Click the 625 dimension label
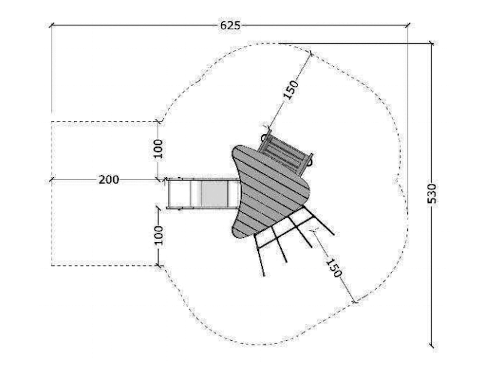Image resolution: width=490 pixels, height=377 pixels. (230, 25)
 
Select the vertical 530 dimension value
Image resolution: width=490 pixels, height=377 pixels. (432, 193)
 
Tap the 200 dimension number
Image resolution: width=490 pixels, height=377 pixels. (109, 180)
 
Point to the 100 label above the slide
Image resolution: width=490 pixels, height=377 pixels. (159, 148)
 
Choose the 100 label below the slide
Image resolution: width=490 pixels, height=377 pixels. (159, 235)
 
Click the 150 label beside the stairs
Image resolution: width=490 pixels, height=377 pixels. (292, 89)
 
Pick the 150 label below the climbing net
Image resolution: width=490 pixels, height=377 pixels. (333, 268)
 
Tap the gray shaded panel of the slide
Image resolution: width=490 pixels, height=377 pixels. (214, 193)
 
